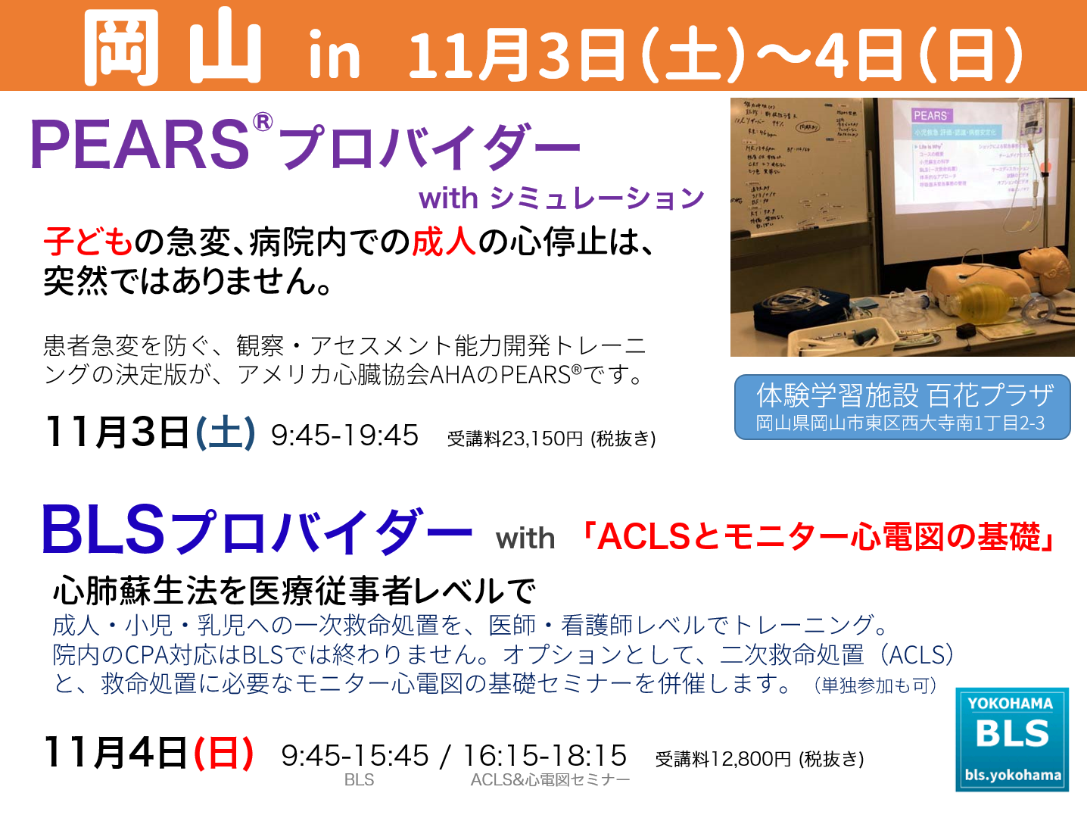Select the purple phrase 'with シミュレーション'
point(561,198)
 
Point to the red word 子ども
point(88,242)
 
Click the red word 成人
point(444,242)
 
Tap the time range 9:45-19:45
point(344,436)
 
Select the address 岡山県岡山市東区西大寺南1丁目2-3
point(900,423)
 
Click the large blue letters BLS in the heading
point(103,529)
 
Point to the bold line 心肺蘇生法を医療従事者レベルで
point(294,590)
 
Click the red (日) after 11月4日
point(223,753)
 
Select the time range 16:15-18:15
point(544,755)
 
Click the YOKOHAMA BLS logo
point(1012,739)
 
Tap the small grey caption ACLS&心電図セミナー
point(550,780)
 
